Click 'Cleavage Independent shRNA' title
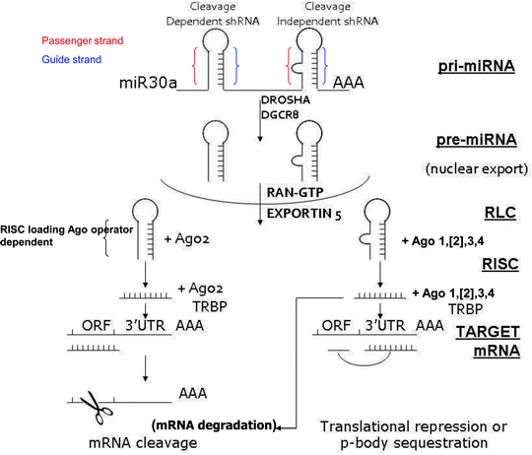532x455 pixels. (311, 15)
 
